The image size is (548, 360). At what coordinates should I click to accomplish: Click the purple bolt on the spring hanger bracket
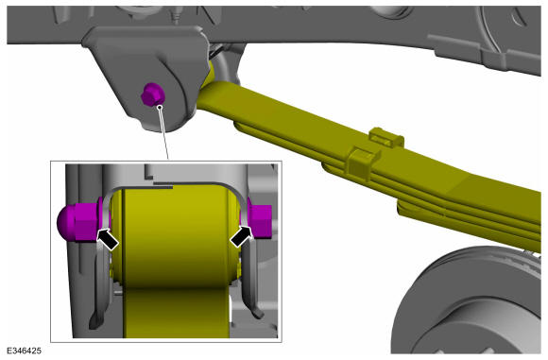pos(153,94)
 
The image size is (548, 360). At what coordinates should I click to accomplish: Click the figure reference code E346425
pos(24,351)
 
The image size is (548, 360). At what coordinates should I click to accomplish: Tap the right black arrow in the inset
pos(241,236)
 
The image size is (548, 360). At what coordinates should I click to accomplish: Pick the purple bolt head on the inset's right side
pos(260,219)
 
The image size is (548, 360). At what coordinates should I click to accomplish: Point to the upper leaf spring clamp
pos(386,137)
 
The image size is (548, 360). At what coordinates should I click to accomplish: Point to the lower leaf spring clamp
pos(363,163)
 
